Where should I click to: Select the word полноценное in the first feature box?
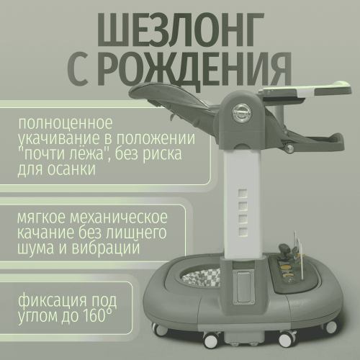[x=66, y=123]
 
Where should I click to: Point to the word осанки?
[x=71, y=169]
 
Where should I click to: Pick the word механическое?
[x=119, y=218]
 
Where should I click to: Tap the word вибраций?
[x=106, y=248]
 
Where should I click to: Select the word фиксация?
[x=52, y=301]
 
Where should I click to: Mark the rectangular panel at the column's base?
[x=243, y=287]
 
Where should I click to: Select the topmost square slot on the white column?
[x=243, y=193]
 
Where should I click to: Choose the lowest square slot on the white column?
[x=243, y=232]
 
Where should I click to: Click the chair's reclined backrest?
[x=174, y=98]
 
